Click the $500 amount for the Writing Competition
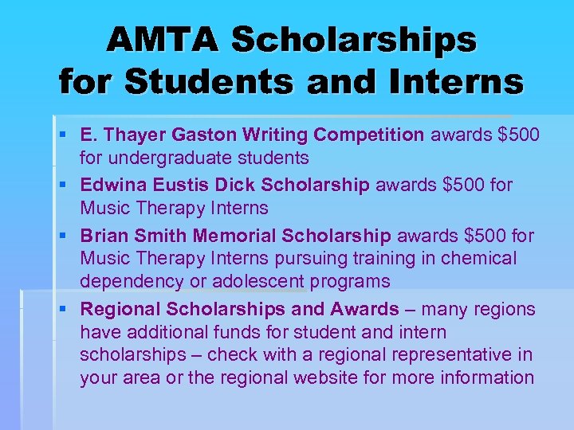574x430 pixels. tap(518, 135)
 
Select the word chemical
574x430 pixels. tap(479, 258)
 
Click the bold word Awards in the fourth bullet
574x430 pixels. tap(366, 309)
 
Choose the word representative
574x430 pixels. tap(465, 354)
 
